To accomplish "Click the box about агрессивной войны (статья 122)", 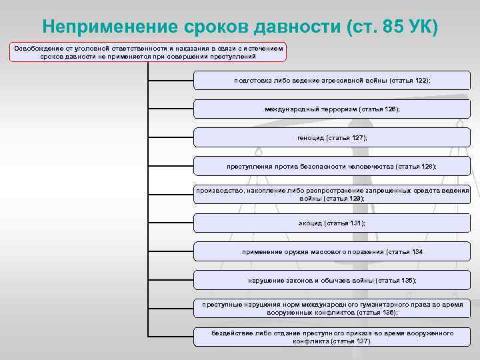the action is (331, 80).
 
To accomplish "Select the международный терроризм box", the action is (331, 109).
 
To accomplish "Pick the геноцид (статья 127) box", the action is (331, 137).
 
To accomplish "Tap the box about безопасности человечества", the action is (331, 166).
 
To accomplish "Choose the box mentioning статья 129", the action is (331, 194).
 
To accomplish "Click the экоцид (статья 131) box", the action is (331, 223).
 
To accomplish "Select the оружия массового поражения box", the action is (331, 251).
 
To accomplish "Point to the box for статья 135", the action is (331, 280).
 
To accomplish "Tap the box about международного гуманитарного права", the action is (331, 308).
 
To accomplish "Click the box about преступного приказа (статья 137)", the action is (331, 337).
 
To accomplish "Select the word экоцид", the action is (310, 223).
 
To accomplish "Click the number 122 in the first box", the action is (421, 80).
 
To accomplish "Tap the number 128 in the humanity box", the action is (426, 166).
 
